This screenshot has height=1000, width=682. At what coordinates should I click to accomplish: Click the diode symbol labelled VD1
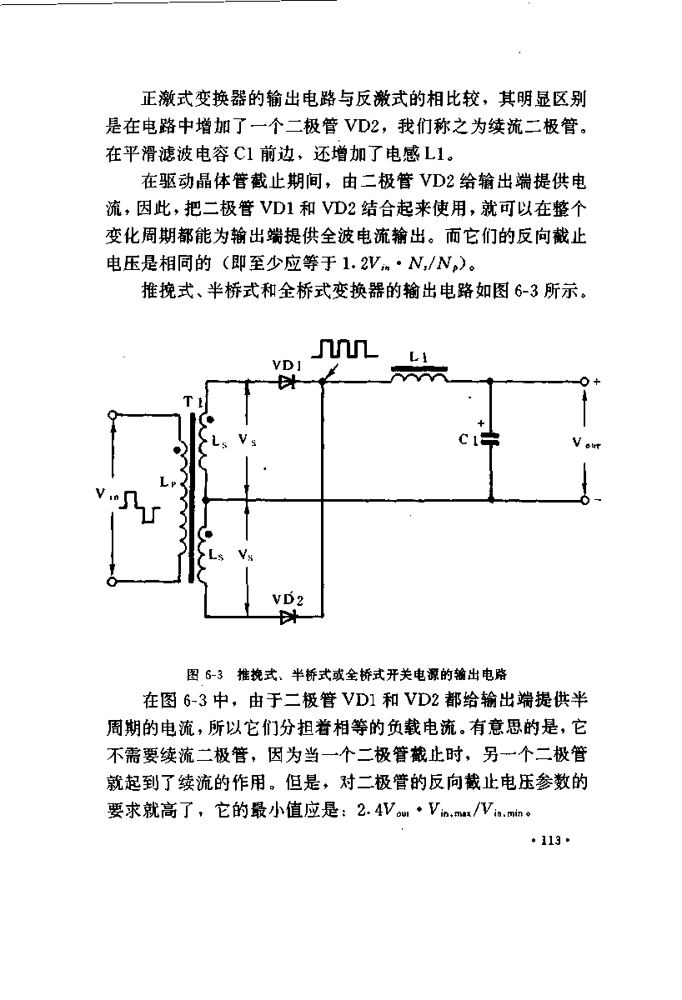point(287,382)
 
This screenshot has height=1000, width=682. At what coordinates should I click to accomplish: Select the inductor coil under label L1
point(419,378)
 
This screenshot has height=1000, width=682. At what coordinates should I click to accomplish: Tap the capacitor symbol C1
point(490,439)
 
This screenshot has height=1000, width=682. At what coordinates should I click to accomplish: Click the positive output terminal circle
point(584,382)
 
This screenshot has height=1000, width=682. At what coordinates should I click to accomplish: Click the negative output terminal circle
point(584,501)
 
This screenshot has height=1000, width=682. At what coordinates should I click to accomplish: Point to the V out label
point(587,442)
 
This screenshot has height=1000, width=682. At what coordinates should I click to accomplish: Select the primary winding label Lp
point(168,482)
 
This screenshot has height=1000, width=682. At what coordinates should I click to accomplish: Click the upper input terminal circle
point(113,415)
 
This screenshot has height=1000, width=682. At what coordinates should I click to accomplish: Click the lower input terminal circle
point(113,582)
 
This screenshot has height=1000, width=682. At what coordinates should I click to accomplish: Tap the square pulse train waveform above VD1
point(344,348)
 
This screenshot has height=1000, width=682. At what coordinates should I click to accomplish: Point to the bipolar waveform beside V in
point(140,507)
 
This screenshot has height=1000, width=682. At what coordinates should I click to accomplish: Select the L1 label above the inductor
point(419,357)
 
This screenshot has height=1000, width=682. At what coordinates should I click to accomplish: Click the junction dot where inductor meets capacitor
point(490,382)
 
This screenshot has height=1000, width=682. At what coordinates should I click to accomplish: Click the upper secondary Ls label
point(219,442)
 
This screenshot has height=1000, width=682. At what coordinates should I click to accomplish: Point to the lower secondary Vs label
point(246,555)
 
